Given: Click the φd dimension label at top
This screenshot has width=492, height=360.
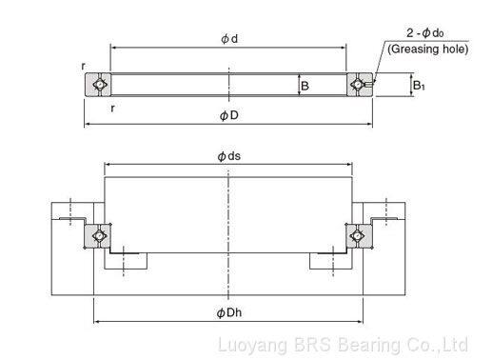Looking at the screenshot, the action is coord(229,39).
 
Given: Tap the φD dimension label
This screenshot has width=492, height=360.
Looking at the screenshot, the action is coord(229,115).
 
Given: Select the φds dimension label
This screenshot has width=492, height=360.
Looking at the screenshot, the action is coord(229,156).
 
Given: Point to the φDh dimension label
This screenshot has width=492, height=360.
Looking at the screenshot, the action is coord(229,313).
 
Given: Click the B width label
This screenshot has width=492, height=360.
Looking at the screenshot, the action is coord(305,86).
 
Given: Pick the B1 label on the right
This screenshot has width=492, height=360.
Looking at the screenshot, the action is coord(419,85).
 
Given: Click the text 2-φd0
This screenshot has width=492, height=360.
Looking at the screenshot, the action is coord(424,32).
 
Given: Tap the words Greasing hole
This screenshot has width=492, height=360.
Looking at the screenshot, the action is coord(428,50).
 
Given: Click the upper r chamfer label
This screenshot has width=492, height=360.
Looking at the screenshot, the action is coord(83,66).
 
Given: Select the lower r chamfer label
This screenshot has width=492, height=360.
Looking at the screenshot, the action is coord(112,109).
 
